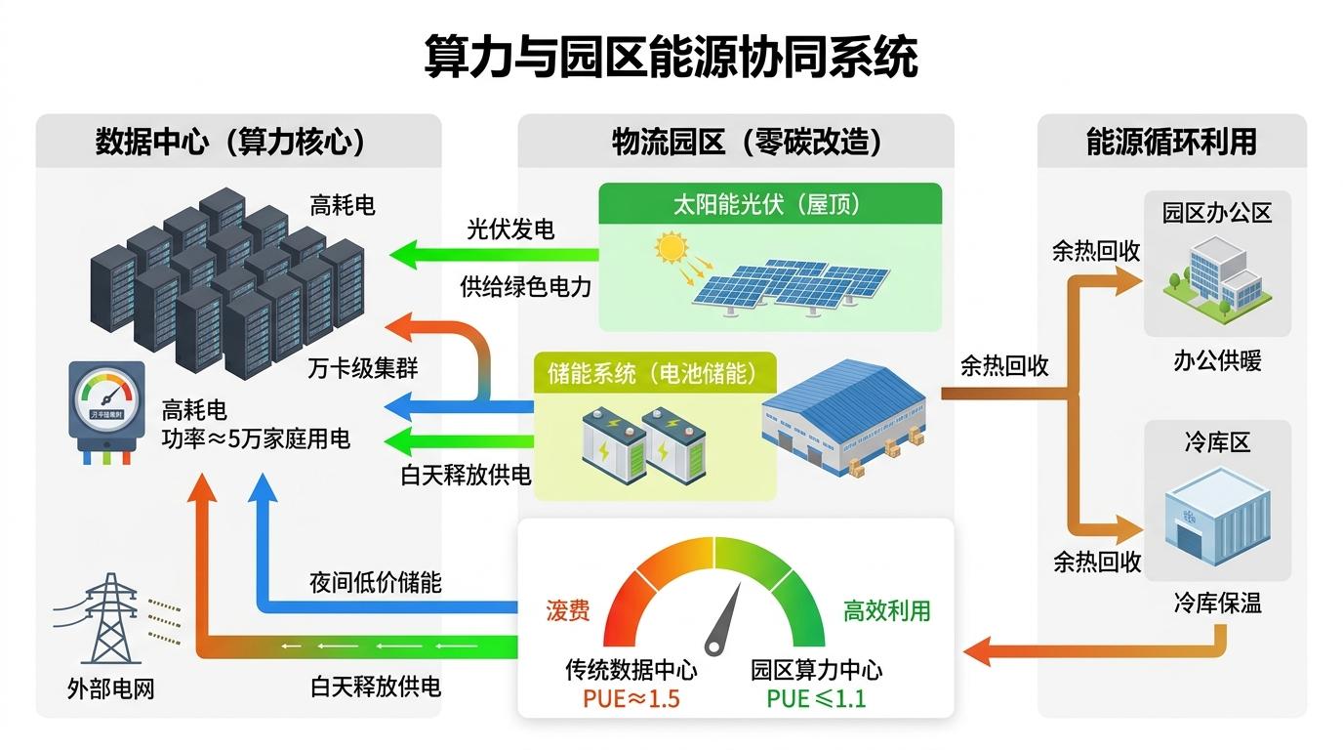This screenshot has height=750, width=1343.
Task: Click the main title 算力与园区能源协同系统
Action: [x=671, y=58]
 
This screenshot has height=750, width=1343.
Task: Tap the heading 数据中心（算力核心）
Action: [x=231, y=143]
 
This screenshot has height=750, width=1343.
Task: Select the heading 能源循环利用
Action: [x=1171, y=143]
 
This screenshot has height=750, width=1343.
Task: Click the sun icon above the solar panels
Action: [x=671, y=247]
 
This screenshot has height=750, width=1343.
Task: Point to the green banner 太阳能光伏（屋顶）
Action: [x=770, y=205]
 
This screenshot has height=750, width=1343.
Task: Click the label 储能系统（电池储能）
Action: [x=652, y=374]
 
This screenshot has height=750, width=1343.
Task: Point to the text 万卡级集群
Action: [x=362, y=369]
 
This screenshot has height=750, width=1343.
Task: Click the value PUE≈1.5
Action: [x=631, y=698]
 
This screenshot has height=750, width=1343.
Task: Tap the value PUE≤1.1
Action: [x=816, y=698]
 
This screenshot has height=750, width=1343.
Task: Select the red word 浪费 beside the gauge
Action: [x=567, y=611]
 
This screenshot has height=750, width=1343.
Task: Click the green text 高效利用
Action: [x=886, y=611]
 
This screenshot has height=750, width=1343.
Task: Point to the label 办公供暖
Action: [x=1217, y=361]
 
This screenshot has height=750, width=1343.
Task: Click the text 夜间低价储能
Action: [x=375, y=583]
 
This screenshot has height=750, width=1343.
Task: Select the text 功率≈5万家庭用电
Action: [x=256, y=438]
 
